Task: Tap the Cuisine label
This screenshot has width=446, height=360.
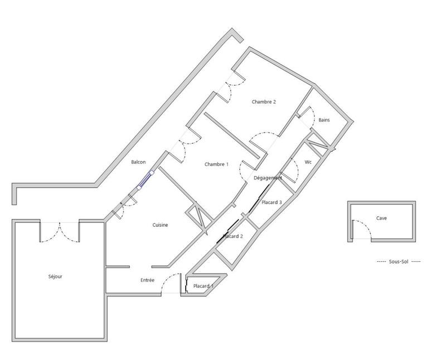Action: [x=161, y=225]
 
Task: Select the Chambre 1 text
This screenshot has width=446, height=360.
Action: [x=216, y=164]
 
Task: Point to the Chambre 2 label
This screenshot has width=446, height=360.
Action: [x=264, y=102]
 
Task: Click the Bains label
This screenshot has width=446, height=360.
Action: [x=324, y=120]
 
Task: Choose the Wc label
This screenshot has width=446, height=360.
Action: [x=308, y=162]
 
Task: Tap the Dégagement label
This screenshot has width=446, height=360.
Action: [x=268, y=178]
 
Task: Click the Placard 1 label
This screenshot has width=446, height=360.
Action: [x=202, y=286]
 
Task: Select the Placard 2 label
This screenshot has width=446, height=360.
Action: [x=232, y=236]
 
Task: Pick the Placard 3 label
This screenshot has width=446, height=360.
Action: [x=272, y=202]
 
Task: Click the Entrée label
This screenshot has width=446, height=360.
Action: [x=147, y=280]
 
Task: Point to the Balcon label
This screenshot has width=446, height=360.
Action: [x=138, y=162]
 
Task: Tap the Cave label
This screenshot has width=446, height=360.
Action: [x=381, y=218]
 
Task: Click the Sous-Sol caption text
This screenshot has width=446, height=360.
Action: [x=399, y=261]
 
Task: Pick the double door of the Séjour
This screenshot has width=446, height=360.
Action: [x=59, y=232]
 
